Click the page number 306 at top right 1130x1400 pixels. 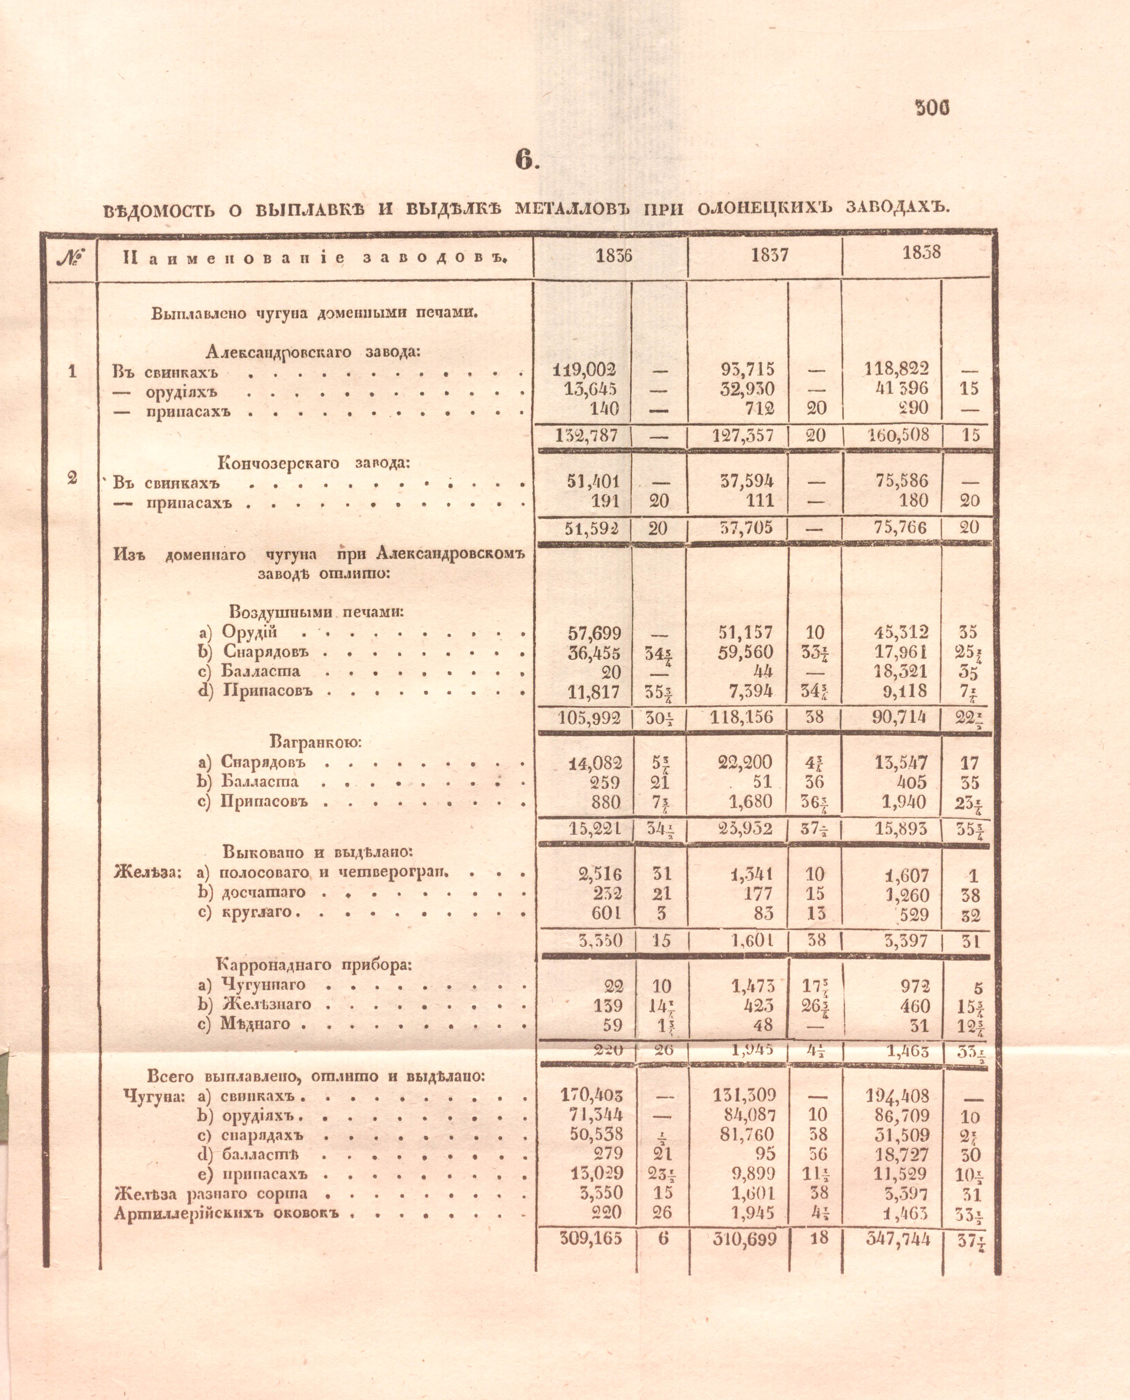click(x=932, y=108)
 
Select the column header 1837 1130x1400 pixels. click(x=770, y=255)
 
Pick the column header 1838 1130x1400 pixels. click(x=921, y=253)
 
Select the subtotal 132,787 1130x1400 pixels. click(x=586, y=435)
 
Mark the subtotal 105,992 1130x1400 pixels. click(x=588, y=718)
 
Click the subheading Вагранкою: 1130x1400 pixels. click(x=315, y=741)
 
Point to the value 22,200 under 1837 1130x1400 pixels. click(x=745, y=762)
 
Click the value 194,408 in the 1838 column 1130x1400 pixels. click(x=896, y=1097)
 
